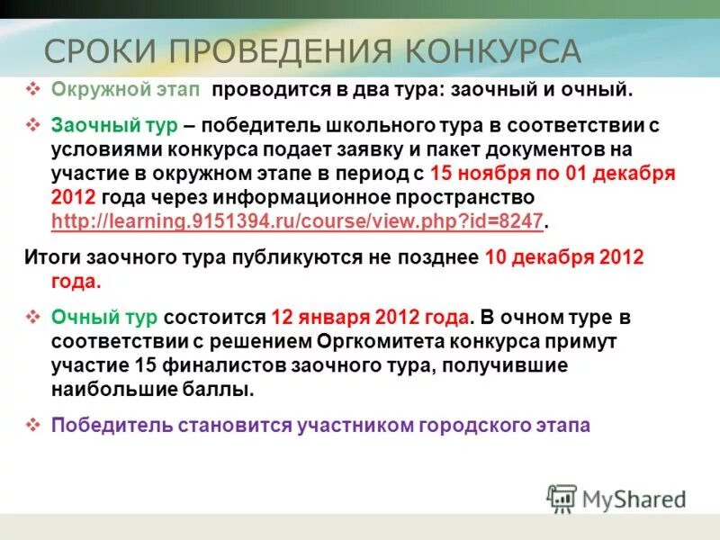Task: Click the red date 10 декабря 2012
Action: (564, 257)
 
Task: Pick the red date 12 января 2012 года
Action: (370, 318)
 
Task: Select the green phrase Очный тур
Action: (105, 318)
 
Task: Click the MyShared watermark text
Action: (634, 499)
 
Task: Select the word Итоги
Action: (51, 257)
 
